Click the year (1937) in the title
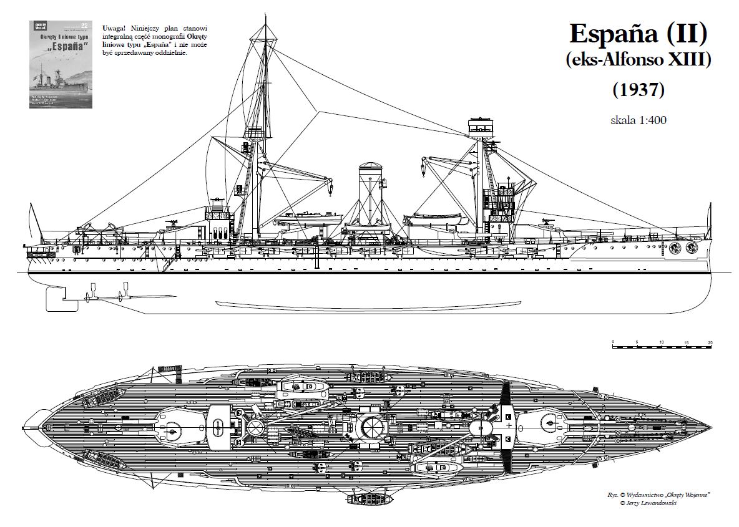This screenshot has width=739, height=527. [x=638, y=90]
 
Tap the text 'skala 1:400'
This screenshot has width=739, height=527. [x=638, y=120]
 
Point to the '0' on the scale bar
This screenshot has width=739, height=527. [x=614, y=343]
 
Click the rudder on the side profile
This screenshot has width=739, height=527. [x=57, y=298]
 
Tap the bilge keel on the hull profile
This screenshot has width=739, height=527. [x=368, y=304]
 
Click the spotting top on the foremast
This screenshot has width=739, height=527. [x=480, y=127]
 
